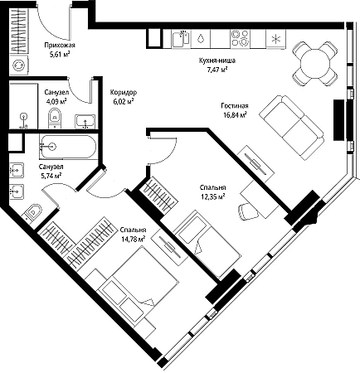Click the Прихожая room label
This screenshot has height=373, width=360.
(60, 45)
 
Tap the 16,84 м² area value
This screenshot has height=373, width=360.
(235, 114)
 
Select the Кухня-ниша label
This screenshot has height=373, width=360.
(217, 61)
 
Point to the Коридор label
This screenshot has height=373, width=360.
(123, 92)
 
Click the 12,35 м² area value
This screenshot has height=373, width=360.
(212, 196)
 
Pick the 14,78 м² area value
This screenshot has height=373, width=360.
(134, 240)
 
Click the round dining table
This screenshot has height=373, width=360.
(315, 64)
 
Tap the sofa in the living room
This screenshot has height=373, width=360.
(292, 127)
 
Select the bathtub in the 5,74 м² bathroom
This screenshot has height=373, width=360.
(68, 147)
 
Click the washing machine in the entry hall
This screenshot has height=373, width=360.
(19, 65)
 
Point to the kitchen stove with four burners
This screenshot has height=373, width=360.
(240, 38)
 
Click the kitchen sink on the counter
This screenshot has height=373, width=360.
(182, 39)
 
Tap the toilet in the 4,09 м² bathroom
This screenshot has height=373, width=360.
(55, 118)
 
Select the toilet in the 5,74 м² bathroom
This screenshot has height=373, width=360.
(32, 212)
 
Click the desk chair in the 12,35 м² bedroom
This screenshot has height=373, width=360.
(248, 211)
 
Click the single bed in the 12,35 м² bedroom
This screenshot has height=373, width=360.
(207, 244)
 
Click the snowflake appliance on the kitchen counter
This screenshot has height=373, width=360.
(275, 39)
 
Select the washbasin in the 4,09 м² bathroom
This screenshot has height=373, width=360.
(85, 122)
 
